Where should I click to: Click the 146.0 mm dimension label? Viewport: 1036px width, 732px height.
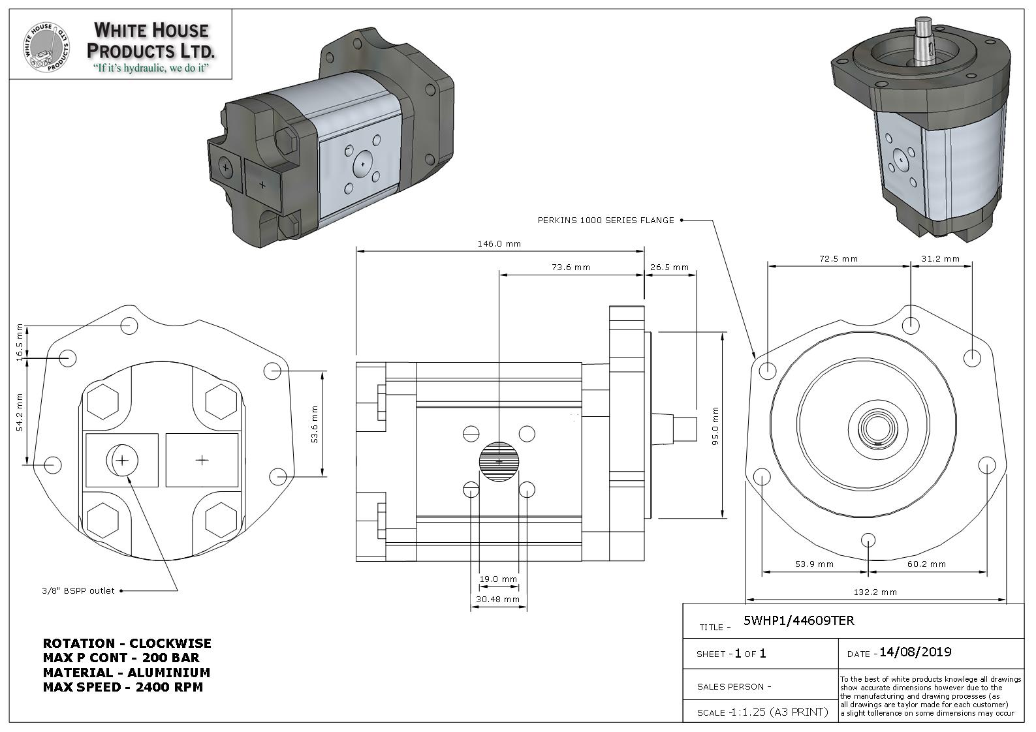(x=499, y=244)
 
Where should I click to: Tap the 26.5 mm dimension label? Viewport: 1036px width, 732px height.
(x=669, y=267)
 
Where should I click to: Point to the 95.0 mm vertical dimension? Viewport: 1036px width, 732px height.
(x=715, y=425)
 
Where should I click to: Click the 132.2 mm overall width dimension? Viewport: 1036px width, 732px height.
(x=875, y=592)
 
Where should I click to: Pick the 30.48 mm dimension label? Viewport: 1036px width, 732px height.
(x=497, y=599)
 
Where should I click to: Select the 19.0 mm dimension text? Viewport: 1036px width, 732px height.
(x=498, y=579)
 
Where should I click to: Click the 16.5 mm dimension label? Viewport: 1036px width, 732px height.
(x=20, y=341)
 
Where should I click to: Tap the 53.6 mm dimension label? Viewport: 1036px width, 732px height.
(x=315, y=424)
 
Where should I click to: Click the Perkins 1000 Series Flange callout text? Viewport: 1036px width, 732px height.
(x=606, y=221)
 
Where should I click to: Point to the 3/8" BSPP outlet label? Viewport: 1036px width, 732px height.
(x=78, y=591)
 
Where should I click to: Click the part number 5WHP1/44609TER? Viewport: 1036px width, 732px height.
(x=798, y=620)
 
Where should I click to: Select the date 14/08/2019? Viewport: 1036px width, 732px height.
(x=915, y=652)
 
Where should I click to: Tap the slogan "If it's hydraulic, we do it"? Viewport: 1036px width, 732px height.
(x=151, y=68)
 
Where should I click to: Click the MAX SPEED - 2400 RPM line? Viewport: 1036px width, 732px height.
(x=123, y=687)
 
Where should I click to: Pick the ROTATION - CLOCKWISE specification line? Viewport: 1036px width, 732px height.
(x=127, y=643)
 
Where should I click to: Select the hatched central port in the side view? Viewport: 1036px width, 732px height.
(x=499, y=461)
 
